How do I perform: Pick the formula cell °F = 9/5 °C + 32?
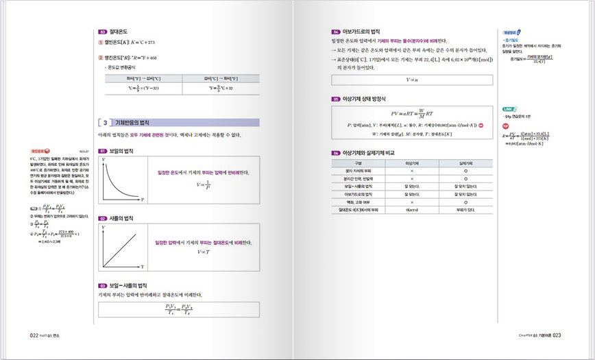(220, 88)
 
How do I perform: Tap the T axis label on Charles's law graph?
(142, 266)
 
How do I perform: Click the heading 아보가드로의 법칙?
(361, 32)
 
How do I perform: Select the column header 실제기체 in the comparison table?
(465, 163)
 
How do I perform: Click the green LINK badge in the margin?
(508, 109)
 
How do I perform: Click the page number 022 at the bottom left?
(34, 335)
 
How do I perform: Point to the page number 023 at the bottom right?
(557, 335)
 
